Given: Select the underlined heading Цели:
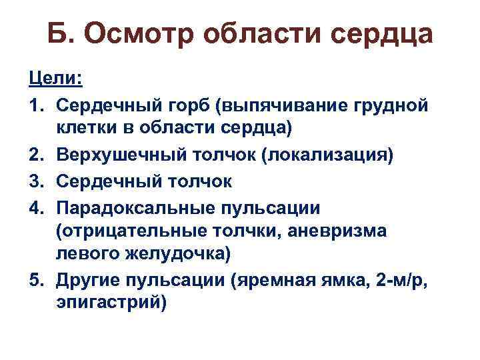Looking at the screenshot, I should click(65, 79).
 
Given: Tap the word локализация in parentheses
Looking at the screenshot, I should click(328, 155).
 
